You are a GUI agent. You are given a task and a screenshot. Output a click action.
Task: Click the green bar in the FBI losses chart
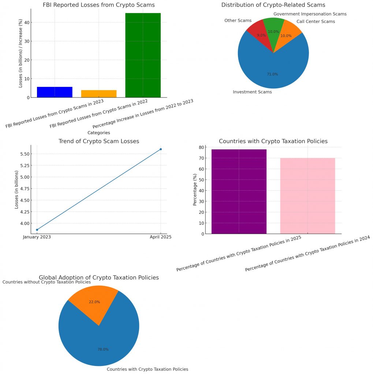point(143,55)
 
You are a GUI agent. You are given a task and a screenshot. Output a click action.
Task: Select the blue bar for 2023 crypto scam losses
point(55,92)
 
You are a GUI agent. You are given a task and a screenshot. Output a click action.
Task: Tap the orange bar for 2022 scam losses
point(99,93)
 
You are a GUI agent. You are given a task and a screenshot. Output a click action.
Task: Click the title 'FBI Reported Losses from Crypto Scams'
point(99,5)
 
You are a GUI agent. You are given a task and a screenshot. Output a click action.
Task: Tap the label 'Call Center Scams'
point(316,22)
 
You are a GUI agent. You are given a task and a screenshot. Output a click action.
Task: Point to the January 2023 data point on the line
point(37,230)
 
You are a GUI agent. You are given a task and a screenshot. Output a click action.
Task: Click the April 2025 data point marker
point(161,149)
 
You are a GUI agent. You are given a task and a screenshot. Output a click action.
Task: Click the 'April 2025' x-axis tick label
point(161,237)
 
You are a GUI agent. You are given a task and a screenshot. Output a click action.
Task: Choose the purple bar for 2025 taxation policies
point(239,191)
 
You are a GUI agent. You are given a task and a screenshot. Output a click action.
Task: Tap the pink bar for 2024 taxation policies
point(307,196)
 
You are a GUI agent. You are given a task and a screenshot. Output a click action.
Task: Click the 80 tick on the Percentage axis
point(201,147)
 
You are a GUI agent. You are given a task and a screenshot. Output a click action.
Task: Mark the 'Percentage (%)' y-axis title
point(195,190)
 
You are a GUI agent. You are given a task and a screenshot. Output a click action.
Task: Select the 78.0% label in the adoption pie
point(103,350)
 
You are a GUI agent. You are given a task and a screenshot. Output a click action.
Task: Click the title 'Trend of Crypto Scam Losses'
point(99,141)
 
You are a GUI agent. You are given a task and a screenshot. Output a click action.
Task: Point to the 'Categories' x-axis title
point(99,133)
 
